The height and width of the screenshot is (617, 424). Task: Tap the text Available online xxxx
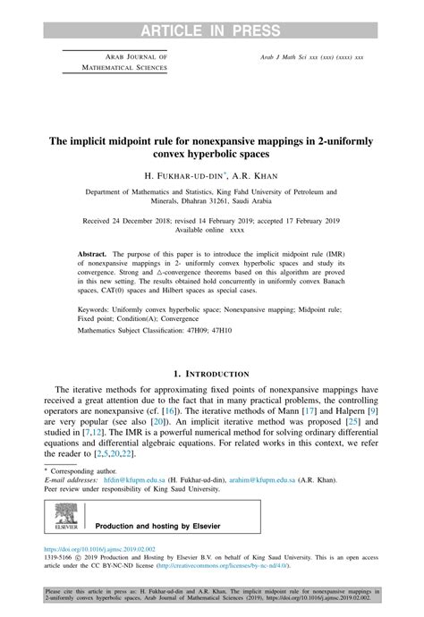210,229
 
